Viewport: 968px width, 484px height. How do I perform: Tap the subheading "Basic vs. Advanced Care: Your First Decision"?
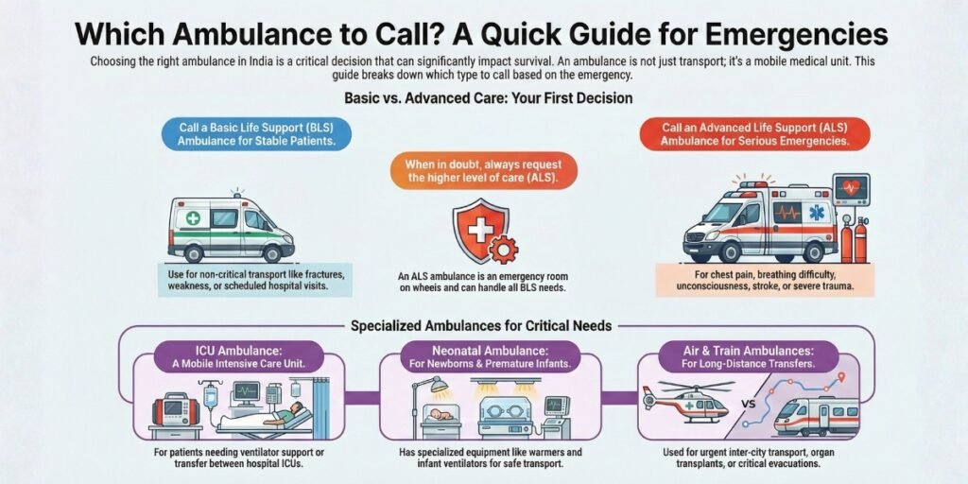coord(483,97)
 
